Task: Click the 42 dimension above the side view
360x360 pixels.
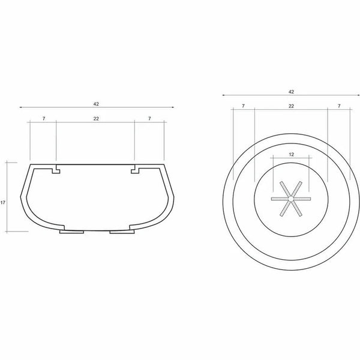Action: [x=96, y=104]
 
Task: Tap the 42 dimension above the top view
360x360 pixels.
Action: [x=291, y=92]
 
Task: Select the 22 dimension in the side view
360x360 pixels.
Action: [x=96, y=118]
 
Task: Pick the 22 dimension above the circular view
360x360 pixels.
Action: [x=291, y=106]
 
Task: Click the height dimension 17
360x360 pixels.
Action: [x=3, y=203]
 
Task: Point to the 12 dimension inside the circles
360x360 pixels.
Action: [x=291, y=155]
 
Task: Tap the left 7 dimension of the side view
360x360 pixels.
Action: [x=44, y=118]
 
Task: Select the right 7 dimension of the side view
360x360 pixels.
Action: [x=149, y=118]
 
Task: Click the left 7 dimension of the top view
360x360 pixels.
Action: [x=243, y=106]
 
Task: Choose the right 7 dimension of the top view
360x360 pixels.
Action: [x=339, y=106]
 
